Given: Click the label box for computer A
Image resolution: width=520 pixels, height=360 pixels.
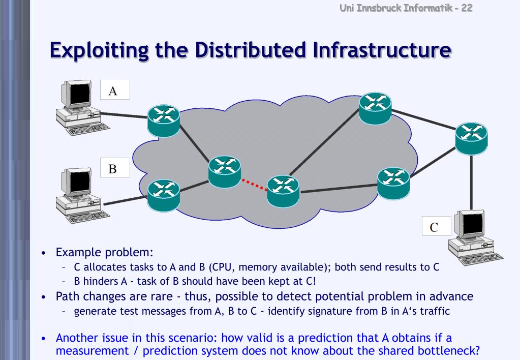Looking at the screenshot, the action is pyautogui.click(x=115, y=89).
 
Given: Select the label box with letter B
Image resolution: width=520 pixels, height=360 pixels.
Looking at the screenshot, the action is pyautogui.click(x=115, y=168).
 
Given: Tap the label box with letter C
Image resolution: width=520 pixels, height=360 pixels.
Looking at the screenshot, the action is pyautogui.click(x=437, y=226).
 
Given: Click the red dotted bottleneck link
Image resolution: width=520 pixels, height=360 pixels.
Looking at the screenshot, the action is pyautogui.click(x=254, y=185).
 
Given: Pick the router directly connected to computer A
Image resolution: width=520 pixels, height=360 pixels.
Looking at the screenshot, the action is pyautogui.click(x=164, y=121).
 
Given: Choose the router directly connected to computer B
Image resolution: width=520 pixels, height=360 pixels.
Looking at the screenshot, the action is pyautogui.click(x=164, y=195).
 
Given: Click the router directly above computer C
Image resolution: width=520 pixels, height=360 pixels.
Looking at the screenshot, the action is pyautogui.click(x=471, y=139).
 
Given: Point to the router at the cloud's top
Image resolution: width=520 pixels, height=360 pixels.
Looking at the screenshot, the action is pyautogui.click(x=375, y=108).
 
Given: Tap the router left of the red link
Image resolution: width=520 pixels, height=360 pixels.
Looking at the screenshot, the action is pyautogui.click(x=225, y=172).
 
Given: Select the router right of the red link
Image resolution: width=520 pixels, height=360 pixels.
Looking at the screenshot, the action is pyautogui.click(x=283, y=191).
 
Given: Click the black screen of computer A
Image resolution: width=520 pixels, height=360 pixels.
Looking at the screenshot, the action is pyautogui.click(x=80, y=94).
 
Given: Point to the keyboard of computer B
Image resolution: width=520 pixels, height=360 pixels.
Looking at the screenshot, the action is pyautogui.click(x=88, y=216).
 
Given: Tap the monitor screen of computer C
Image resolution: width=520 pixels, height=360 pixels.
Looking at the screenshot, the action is pyautogui.click(x=473, y=224).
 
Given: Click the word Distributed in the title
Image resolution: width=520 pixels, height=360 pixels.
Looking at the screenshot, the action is pyautogui.click(x=250, y=50).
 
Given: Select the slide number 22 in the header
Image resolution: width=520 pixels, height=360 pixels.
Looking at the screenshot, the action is pyautogui.click(x=467, y=8).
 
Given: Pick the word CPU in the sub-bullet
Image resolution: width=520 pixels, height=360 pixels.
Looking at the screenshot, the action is pyautogui.click(x=223, y=267).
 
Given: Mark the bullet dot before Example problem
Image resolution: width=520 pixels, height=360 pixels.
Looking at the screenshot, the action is pyautogui.click(x=43, y=253).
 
